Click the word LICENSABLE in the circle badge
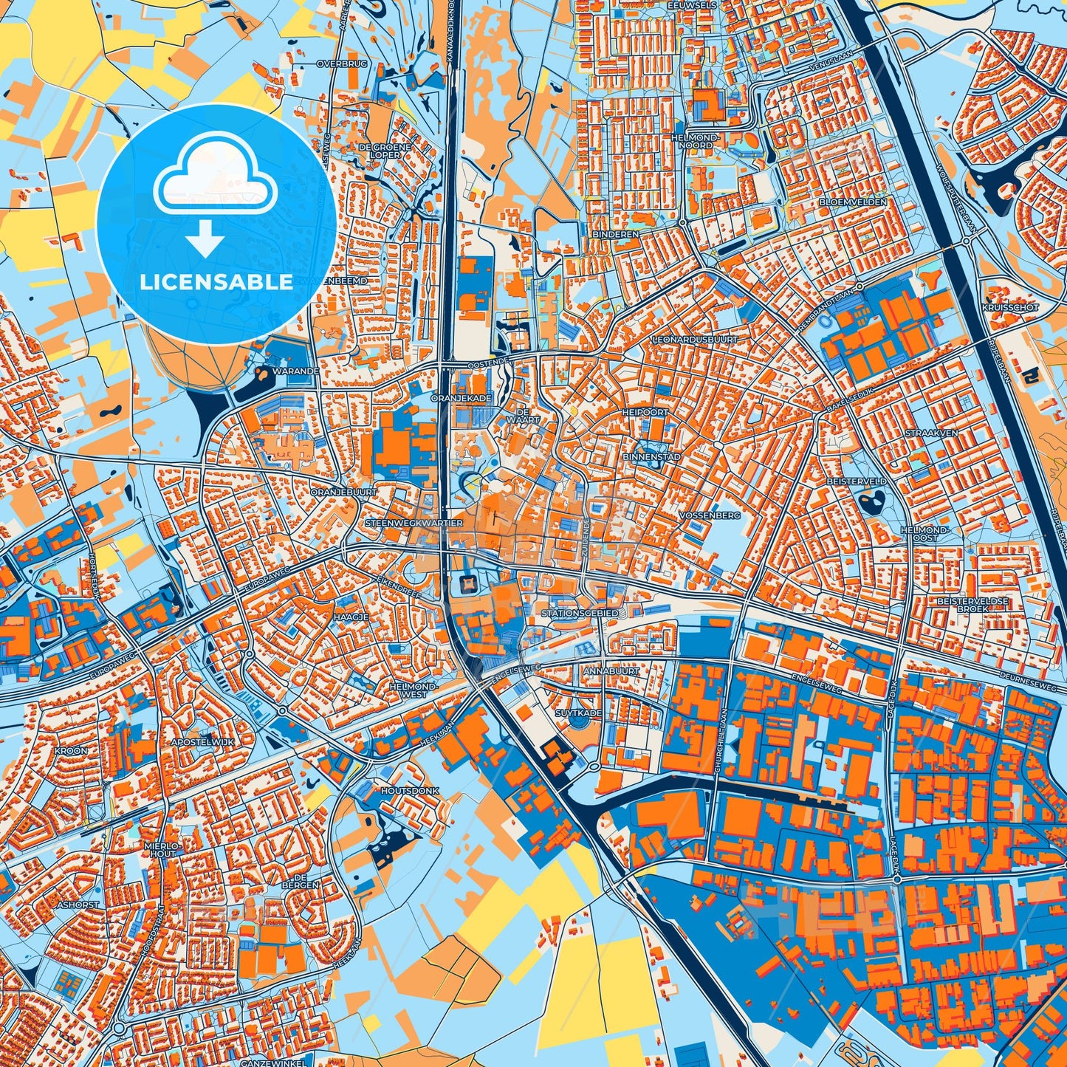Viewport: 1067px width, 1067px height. coord(216,282)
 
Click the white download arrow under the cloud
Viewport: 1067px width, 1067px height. coord(205,239)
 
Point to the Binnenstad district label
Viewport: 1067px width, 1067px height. coord(651,457)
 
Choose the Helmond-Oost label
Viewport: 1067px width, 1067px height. coord(924,534)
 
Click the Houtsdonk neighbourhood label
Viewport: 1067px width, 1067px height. coord(410,791)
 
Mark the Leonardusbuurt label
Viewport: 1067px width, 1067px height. coord(695,339)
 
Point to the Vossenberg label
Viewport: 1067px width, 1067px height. coord(712,515)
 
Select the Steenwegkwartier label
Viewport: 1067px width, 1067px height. coord(414,523)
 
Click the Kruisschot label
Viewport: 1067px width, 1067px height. coord(1010,307)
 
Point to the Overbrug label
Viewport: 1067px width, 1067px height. coord(342,64)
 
